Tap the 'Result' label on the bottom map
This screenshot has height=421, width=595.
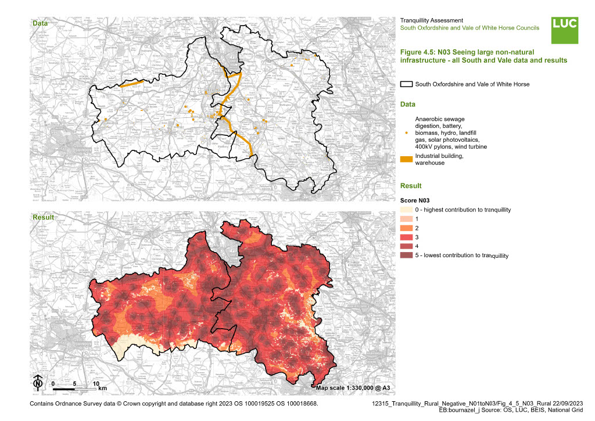click(x=43, y=217)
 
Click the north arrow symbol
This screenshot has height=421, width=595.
click(x=38, y=382)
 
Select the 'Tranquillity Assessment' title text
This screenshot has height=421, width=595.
click(x=432, y=20)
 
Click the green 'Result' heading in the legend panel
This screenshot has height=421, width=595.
click(x=411, y=186)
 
